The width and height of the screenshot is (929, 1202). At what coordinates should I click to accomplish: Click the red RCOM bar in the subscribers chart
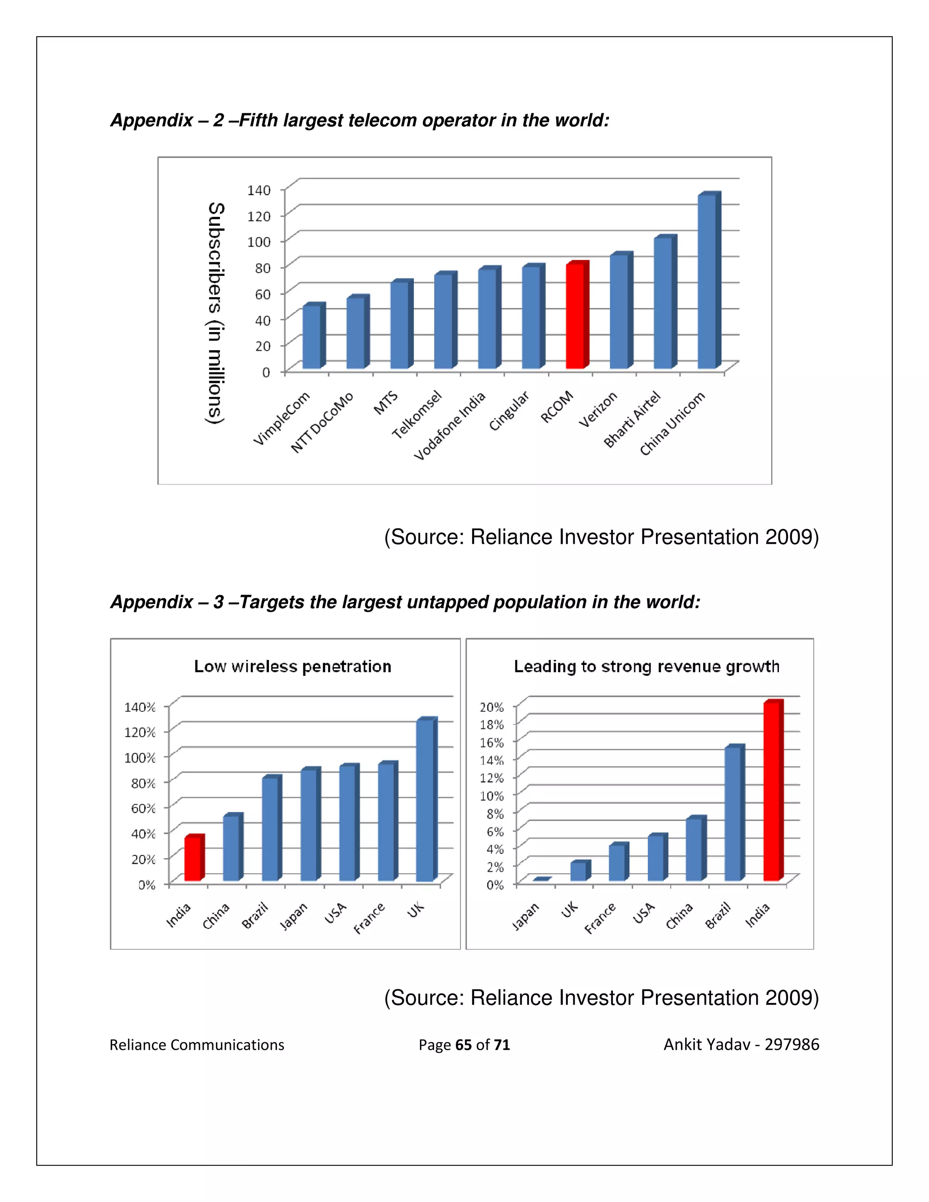click(x=575, y=317)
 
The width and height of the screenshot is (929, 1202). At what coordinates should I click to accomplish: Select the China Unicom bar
click(x=707, y=282)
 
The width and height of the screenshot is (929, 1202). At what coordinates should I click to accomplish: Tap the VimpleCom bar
click(x=312, y=337)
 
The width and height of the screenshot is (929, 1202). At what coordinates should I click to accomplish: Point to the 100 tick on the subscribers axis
click(x=259, y=242)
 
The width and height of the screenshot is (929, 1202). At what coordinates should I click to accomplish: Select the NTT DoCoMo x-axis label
click(x=322, y=423)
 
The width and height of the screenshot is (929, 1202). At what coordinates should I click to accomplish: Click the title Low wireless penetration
click(x=292, y=666)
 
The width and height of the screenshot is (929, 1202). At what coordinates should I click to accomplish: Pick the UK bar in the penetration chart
click(x=425, y=801)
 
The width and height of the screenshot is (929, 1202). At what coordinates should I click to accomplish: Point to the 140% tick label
click(x=140, y=707)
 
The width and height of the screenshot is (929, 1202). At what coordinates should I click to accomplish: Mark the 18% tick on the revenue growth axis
click(x=491, y=725)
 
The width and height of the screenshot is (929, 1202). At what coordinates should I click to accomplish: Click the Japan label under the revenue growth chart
click(x=526, y=916)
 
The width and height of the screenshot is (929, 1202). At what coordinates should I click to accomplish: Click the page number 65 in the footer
click(x=464, y=1045)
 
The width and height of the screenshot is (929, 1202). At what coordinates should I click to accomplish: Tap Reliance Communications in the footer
click(x=196, y=1045)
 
